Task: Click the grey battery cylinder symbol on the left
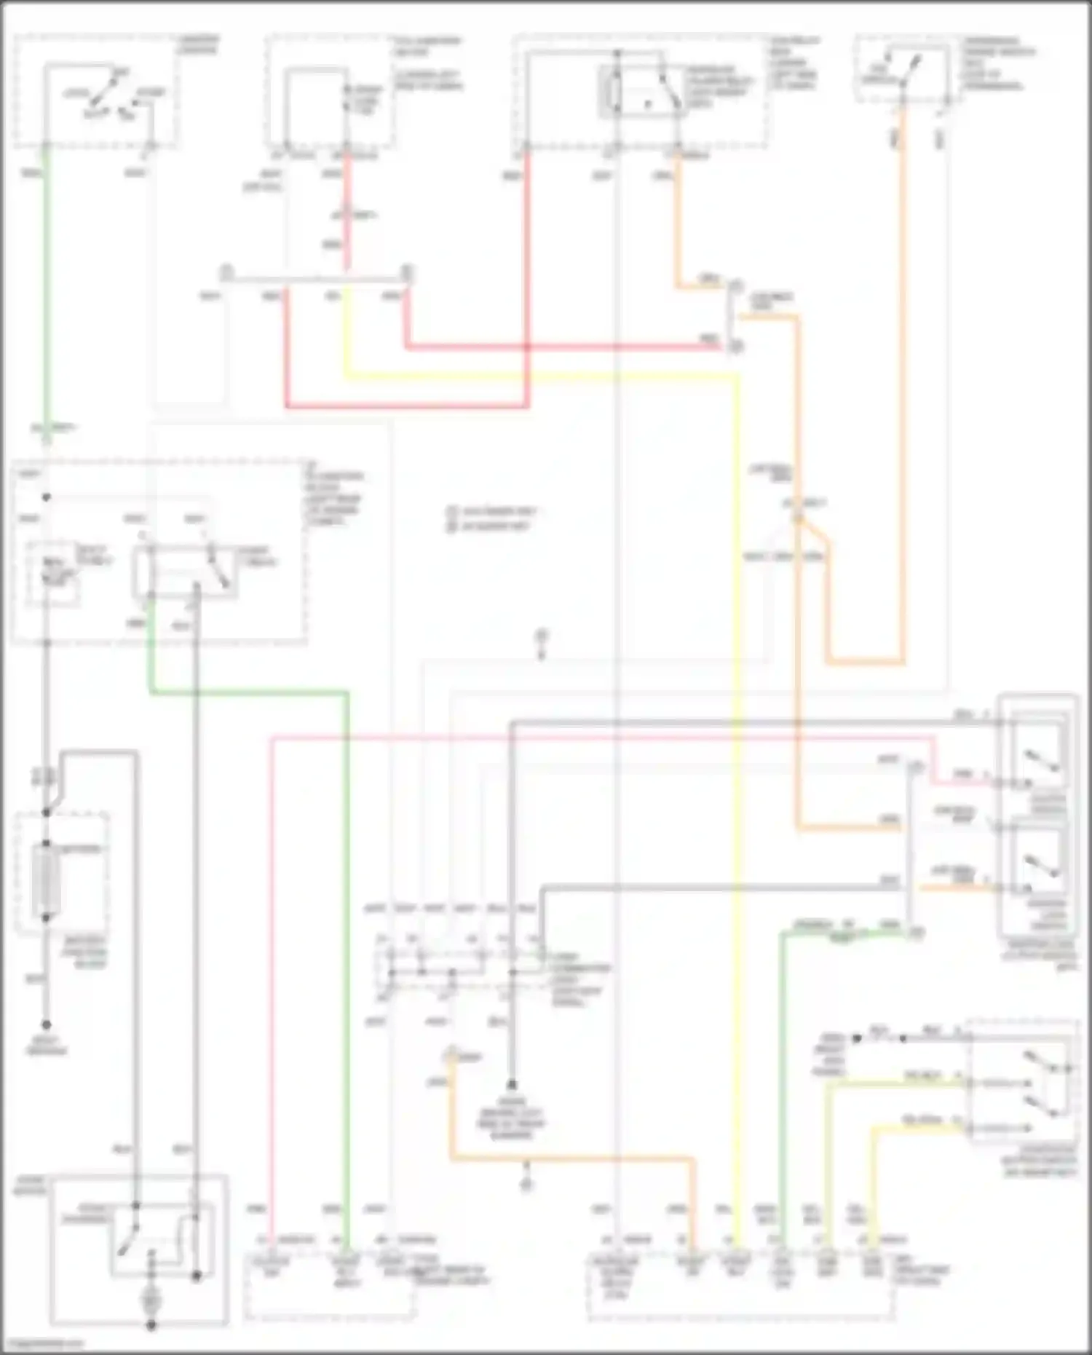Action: [x=45, y=881]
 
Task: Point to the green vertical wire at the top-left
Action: [x=45, y=291]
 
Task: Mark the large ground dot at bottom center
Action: [x=512, y=1083]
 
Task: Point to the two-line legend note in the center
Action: [x=491, y=518]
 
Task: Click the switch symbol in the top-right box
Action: [x=903, y=69]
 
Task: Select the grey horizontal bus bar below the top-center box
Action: [x=317, y=279]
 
